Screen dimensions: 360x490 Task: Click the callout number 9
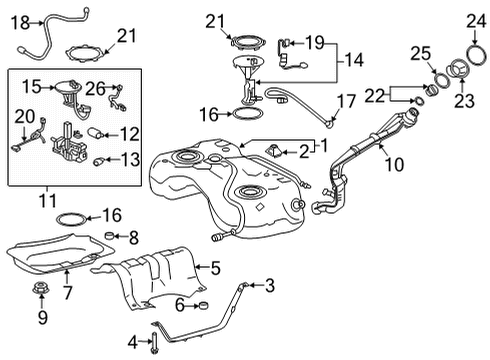[x=42, y=318]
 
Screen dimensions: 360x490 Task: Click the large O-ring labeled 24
[x=472, y=50]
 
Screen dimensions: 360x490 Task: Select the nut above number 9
[x=42, y=292]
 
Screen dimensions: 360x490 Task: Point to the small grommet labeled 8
[x=112, y=238]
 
